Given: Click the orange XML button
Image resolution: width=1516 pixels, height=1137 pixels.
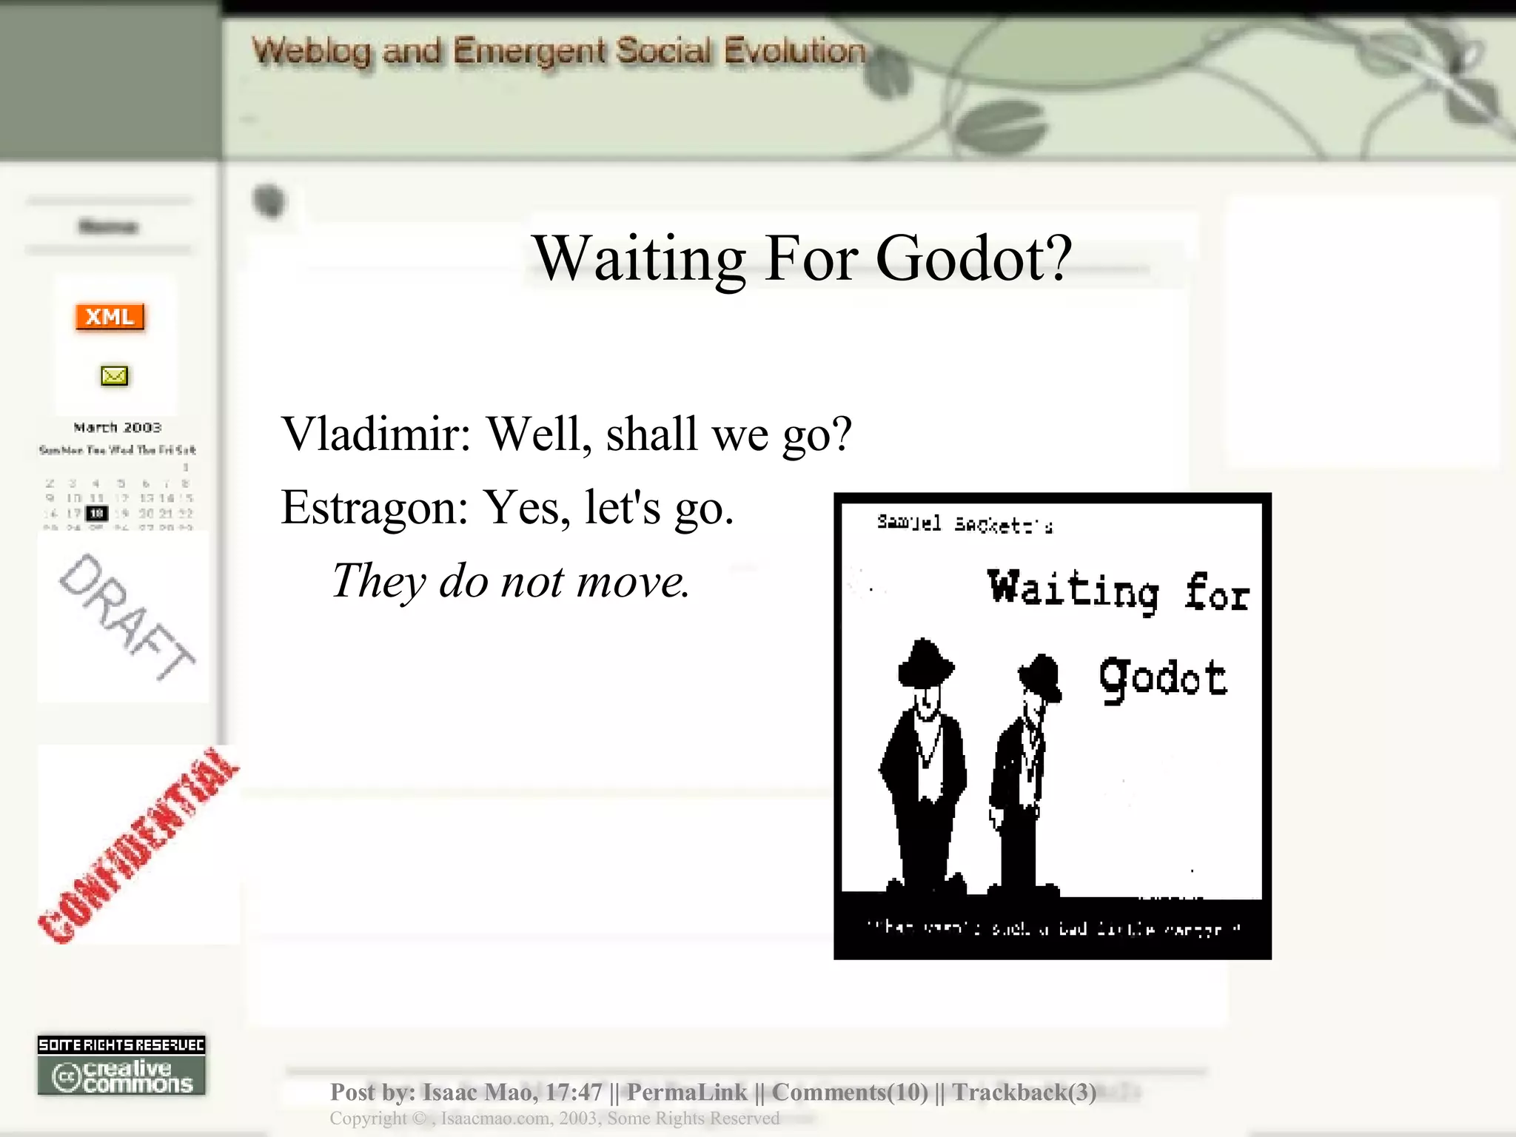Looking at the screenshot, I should coord(110,317).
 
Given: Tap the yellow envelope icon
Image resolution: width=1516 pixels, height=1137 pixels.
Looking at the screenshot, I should coord(114,376).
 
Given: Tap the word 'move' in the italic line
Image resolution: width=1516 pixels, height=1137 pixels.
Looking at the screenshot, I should coord(633,581).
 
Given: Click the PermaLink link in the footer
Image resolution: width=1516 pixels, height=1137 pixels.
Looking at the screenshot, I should coord(687,1092).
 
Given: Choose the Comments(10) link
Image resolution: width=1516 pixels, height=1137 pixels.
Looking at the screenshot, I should coord(850,1092).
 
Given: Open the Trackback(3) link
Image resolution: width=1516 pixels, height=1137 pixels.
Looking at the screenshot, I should coord(1024,1092).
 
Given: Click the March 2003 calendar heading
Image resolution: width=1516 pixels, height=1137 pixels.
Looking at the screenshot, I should coord(117,427).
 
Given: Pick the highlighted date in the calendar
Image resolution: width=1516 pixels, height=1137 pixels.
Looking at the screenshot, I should coord(97,513).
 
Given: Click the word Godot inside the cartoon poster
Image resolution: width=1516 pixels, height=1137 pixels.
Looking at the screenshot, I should coord(1162,677).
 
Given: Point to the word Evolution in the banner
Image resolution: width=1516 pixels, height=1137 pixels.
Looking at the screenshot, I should coord(794,51).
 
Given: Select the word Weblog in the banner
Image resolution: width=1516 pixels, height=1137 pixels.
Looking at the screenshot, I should coord(312,51).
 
